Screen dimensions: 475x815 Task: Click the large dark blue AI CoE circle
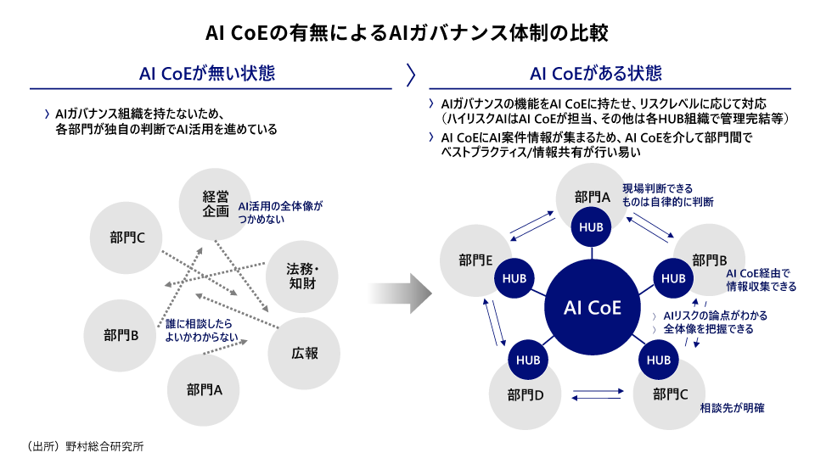593,307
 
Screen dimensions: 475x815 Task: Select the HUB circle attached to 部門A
591,226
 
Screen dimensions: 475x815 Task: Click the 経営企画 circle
216,204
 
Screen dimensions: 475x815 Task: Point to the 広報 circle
304,352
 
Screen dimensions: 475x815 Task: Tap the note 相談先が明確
732,408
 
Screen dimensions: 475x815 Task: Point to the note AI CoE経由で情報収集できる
761,280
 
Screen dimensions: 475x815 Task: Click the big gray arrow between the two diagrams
399,293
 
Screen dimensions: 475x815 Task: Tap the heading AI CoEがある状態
596,74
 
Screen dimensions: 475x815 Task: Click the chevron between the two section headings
411,75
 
